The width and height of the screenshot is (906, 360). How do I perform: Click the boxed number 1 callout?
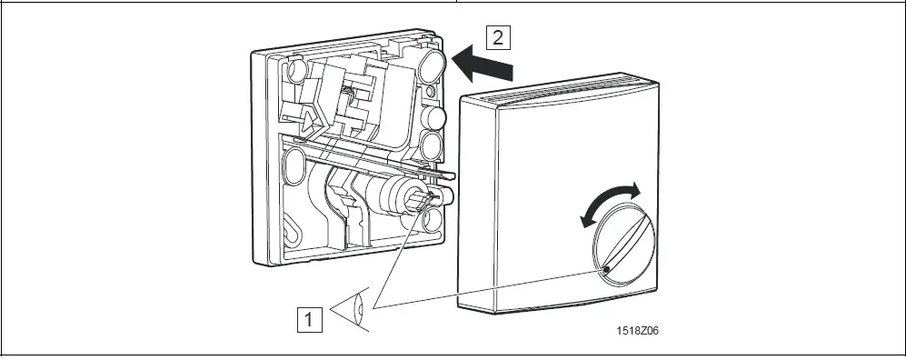tap(310, 319)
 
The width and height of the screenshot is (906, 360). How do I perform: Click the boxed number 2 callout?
tap(496, 37)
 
